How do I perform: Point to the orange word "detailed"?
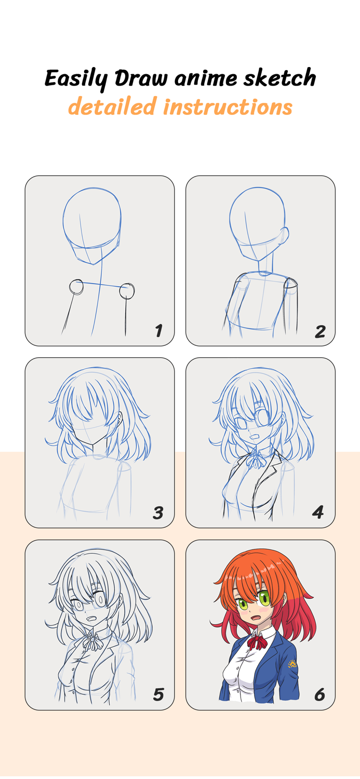coord(112,107)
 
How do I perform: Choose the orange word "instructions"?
coord(228,107)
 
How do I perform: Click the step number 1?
coord(158,330)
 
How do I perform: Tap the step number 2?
coord(319,331)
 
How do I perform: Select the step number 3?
coord(158,513)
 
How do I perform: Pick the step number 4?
coord(318,513)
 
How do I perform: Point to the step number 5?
coord(158,694)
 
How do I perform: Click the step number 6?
coord(319,694)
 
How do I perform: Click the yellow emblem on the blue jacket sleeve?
coord(292,664)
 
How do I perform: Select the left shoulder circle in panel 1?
coord(76,287)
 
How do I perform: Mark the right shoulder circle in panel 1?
coord(127,291)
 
